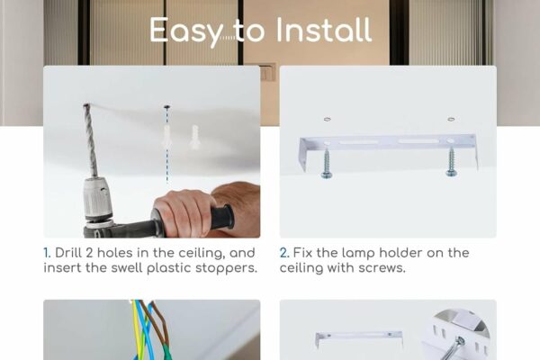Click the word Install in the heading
tap(323, 30)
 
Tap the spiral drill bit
tap(90, 140)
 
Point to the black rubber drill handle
tap(221, 216)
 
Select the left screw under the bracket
tap(326, 164)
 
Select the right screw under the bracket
tap(452, 161)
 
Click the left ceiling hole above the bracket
tap(328, 119)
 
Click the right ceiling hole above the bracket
tap(451, 119)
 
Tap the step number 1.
tap(47, 253)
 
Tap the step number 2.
tap(284, 253)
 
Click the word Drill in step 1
tap(70, 253)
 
